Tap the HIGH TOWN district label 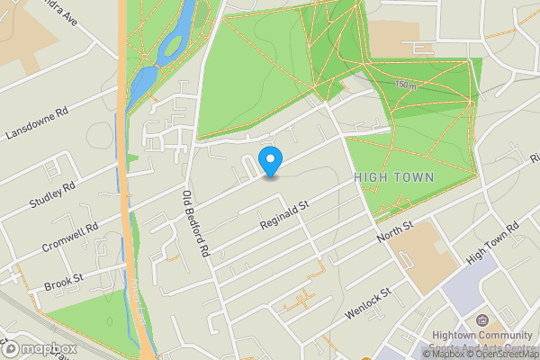tap(394, 177)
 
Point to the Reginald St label tap(284, 214)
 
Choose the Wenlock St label tap(368, 305)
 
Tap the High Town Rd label tap(493, 243)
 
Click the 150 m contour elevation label tap(406, 85)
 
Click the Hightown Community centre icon tap(481, 320)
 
